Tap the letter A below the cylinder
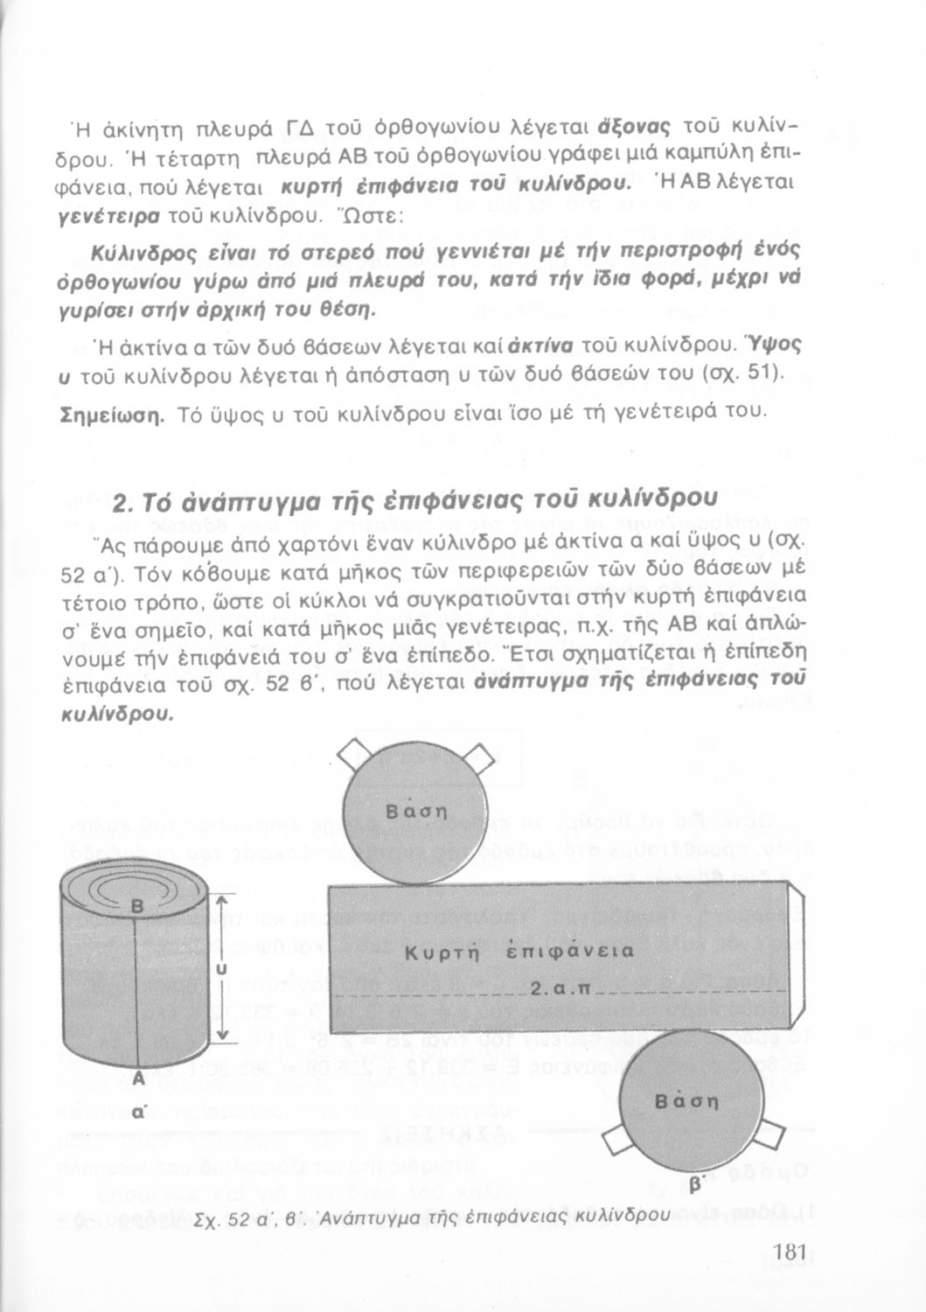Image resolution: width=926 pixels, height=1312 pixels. [x=137, y=1079]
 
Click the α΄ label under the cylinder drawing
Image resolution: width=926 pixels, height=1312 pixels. [x=137, y=1113]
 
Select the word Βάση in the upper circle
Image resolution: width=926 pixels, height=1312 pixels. [x=417, y=807]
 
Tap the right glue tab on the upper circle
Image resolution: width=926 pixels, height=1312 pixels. [x=479, y=754]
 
